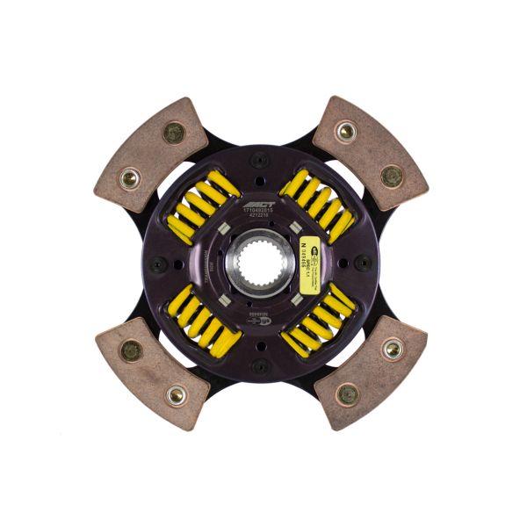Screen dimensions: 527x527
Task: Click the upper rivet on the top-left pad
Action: [x=174, y=134]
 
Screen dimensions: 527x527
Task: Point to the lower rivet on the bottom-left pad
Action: [x=175, y=395]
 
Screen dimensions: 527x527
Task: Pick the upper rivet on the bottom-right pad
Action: [x=393, y=350]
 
